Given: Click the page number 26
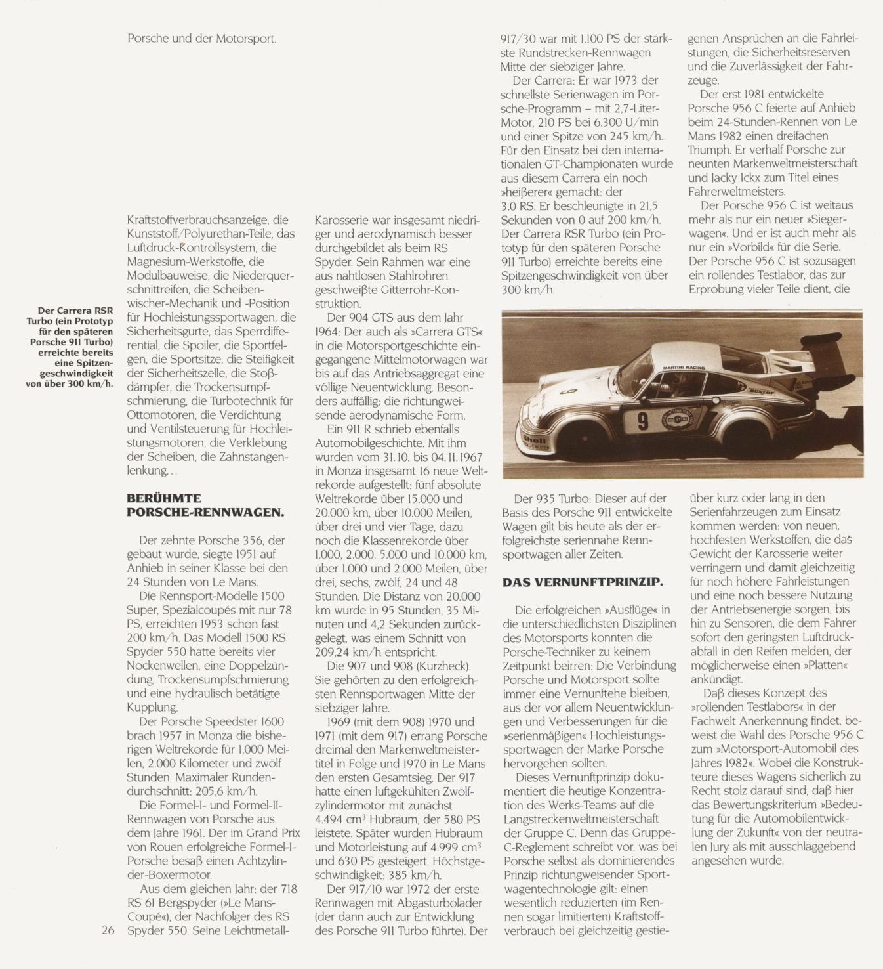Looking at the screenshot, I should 109,930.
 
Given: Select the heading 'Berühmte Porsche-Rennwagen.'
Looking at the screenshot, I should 205,504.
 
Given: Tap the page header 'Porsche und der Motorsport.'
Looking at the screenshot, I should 202,39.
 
